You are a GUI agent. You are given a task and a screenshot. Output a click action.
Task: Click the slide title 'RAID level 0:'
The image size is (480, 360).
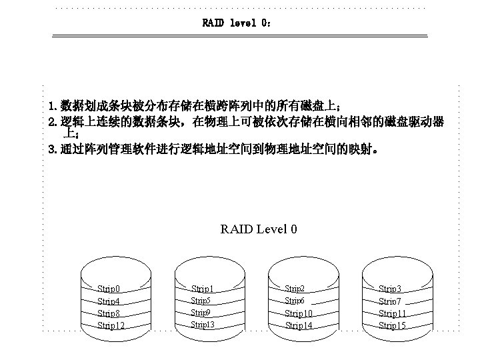click(x=237, y=23)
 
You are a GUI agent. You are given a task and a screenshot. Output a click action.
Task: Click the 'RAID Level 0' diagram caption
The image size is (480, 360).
click(x=259, y=229)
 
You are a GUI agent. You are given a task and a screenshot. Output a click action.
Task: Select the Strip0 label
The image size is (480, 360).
click(x=109, y=289)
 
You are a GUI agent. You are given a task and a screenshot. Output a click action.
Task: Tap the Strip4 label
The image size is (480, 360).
click(x=109, y=301)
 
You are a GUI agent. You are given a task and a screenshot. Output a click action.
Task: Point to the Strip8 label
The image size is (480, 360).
click(x=109, y=313)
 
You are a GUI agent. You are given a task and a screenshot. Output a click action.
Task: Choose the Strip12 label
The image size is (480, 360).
click(x=111, y=325)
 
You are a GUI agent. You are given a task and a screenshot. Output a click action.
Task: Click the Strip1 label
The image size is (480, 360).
click(x=203, y=289)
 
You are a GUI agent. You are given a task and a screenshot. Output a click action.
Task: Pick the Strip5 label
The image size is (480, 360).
click(x=201, y=301)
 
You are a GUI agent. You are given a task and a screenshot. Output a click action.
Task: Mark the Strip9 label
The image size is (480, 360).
click(x=201, y=313)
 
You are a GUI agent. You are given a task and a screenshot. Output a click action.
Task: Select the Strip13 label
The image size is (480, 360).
click(x=203, y=325)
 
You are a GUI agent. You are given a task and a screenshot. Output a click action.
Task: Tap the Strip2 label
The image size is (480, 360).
click(x=295, y=289)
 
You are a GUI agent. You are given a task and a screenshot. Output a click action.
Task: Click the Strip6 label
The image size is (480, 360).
click(x=295, y=301)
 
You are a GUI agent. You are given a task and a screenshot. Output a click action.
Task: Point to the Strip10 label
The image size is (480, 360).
click(x=299, y=313)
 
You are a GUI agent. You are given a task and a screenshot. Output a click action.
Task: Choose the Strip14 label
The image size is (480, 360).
click(x=299, y=325)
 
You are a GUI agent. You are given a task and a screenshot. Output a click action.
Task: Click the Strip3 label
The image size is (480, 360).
click(x=390, y=289)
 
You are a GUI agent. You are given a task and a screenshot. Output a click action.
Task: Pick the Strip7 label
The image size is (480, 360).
click(x=390, y=301)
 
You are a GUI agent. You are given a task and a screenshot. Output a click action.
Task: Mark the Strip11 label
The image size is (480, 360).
click(x=393, y=313)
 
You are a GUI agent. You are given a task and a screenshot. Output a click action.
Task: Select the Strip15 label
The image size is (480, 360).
click(x=393, y=325)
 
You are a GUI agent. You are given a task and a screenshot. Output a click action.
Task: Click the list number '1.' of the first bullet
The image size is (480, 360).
click(x=53, y=107)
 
